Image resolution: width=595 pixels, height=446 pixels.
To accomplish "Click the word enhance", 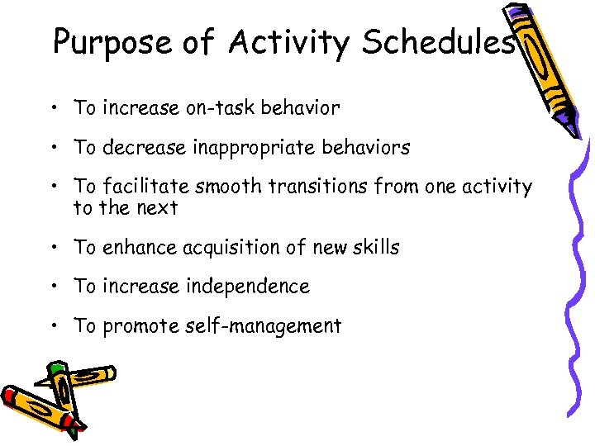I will (x=140, y=247).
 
